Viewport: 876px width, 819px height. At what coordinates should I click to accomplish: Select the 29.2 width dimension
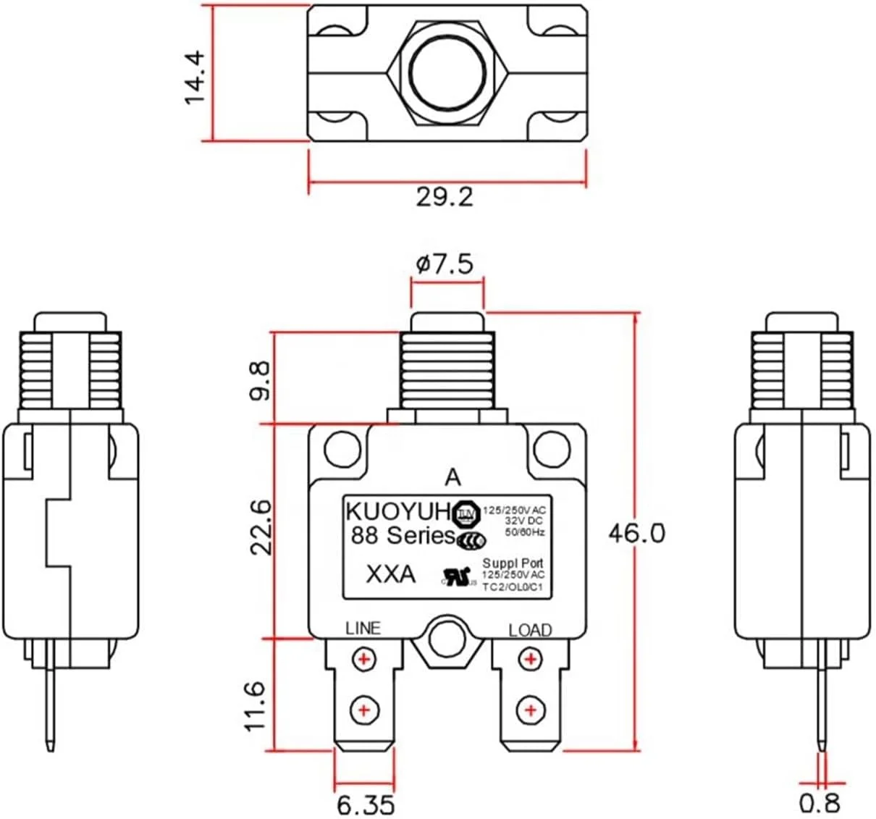(445, 196)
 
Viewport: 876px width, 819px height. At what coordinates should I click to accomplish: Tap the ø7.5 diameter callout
(445, 264)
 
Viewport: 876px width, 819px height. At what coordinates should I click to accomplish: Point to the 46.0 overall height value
(636, 533)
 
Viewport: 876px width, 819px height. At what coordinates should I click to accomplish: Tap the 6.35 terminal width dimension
(366, 804)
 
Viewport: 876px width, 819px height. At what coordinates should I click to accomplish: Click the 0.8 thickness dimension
(820, 803)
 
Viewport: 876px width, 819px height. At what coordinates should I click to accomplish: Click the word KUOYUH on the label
(397, 511)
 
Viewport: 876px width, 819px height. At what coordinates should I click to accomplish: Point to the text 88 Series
(402, 536)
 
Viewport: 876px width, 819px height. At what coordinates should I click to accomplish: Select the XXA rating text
(391, 574)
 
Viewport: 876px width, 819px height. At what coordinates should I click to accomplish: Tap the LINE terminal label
(363, 628)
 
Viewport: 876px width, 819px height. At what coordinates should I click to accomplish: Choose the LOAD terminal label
(530, 630)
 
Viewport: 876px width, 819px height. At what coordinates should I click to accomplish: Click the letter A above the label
(452, 478)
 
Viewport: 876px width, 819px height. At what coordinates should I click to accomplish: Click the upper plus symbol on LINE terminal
(364, 659)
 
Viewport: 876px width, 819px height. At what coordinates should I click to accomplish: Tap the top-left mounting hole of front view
(342, 449)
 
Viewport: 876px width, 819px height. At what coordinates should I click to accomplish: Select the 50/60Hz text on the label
(524, 533)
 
